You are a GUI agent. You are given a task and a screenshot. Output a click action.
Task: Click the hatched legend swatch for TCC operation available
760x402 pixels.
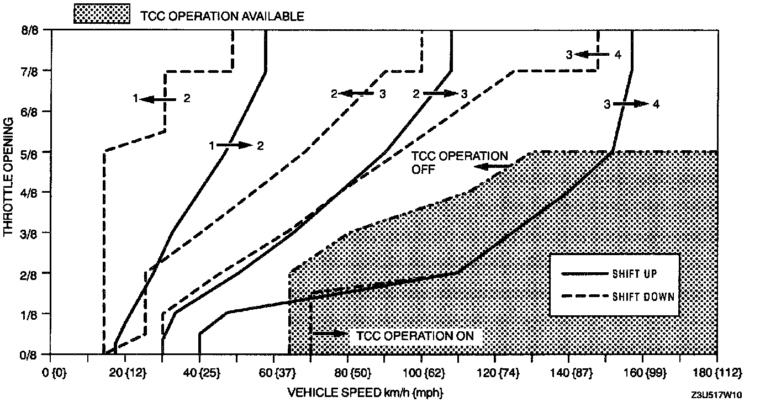click(x=102, y=15)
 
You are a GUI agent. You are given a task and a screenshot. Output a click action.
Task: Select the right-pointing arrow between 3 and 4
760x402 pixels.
click(x=630, y=104)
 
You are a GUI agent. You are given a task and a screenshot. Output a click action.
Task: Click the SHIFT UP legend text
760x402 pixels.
click(x=635, y=273)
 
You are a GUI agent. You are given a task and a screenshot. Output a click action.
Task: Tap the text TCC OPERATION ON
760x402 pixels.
click(x=419, y=336)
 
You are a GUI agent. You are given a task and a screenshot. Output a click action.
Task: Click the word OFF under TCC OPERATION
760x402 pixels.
click(x=423, y=170)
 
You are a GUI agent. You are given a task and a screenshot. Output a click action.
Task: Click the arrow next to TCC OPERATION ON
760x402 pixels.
click(x=330, y=334)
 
